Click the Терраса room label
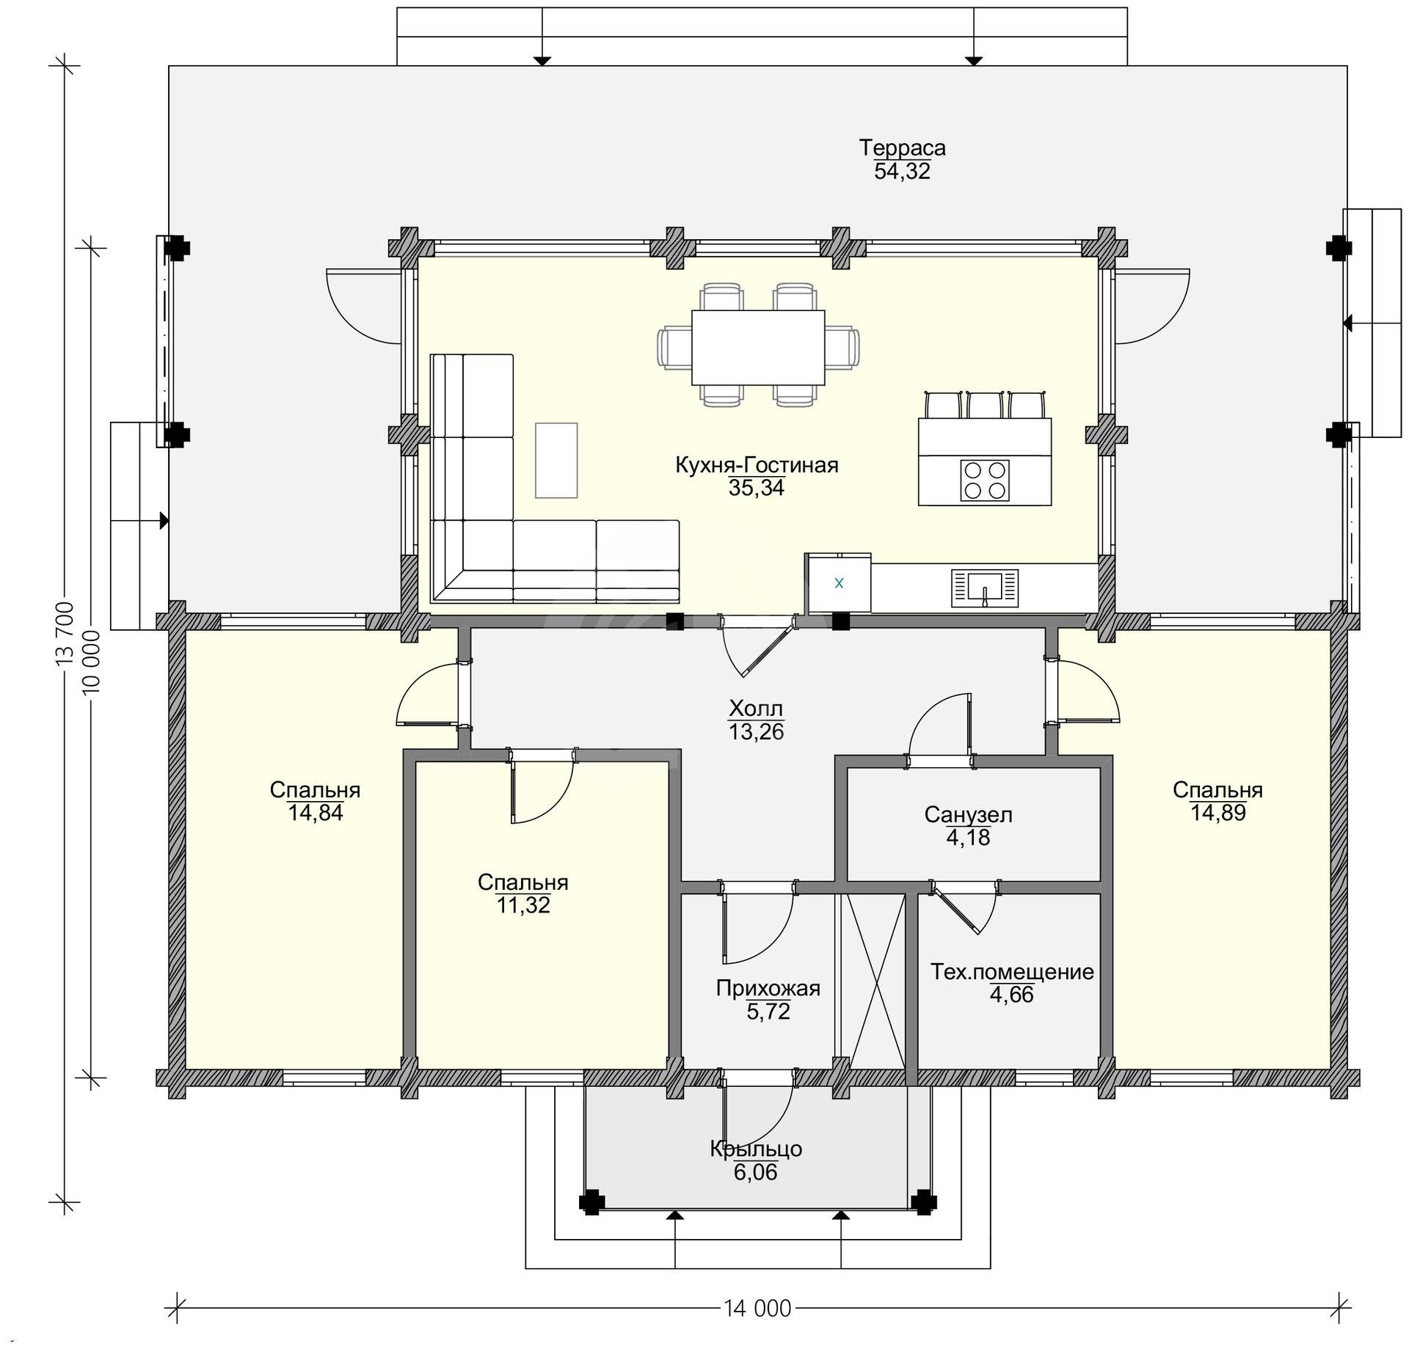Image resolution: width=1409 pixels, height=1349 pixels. point(902,147)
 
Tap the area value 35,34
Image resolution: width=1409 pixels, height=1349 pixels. point(756,488)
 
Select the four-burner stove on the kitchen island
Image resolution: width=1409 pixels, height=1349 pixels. point(984,480)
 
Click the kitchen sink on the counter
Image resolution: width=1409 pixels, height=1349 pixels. point(984,588)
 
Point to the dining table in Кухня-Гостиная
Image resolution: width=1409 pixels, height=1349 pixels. point(758,347)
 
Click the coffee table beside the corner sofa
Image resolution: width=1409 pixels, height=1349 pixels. point(556,460)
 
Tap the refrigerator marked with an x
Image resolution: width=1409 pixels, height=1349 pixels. point(839,583)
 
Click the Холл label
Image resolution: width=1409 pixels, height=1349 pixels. point(756,709)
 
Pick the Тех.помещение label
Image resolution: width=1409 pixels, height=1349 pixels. point(1012,972)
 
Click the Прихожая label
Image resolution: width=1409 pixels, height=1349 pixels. point(768,988)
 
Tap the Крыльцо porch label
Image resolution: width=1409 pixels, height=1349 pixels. point(755,1149)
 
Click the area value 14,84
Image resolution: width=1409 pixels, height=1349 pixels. point(316,813)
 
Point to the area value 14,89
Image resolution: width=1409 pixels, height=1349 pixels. point(1218,813)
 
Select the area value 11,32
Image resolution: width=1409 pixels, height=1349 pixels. point(523,905)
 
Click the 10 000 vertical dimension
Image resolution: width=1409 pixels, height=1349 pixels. point(92,662)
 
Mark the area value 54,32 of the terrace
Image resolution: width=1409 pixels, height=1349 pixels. point(902,171)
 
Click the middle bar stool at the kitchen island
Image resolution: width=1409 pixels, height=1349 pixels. point(985,405)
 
